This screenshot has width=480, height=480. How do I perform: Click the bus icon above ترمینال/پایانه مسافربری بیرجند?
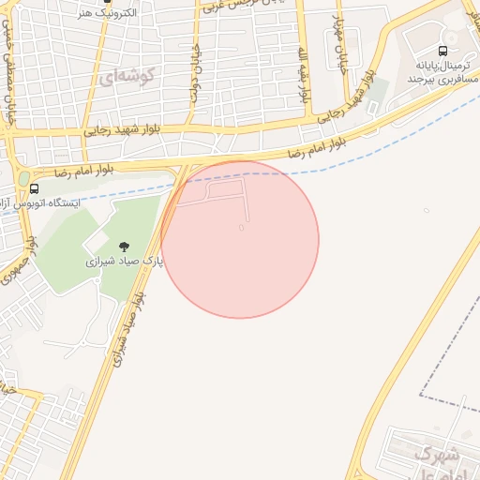(442, 52)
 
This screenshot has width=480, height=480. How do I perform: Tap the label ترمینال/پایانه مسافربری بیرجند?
(442, 72)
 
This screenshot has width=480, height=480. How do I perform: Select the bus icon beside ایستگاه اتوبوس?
(35, 188)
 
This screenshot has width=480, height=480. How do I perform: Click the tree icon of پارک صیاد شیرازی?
(124, 247)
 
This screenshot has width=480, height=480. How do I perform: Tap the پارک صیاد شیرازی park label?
(124, 262)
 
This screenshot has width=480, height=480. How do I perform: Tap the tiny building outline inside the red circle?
(242, 227)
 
